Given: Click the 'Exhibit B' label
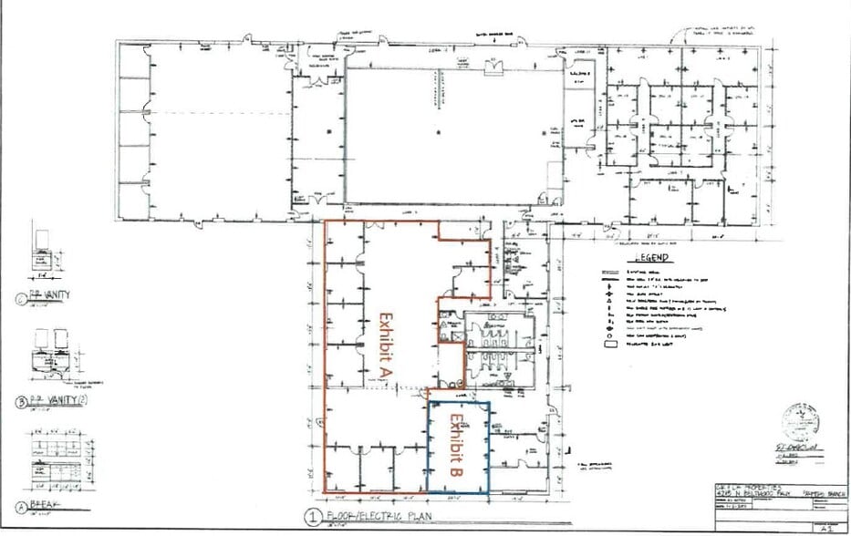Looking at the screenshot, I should click(457, 448).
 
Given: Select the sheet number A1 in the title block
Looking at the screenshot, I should click(826, 526).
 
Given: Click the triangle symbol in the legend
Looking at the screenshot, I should click(605, 302).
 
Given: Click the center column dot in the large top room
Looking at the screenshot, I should click(440, 133).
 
